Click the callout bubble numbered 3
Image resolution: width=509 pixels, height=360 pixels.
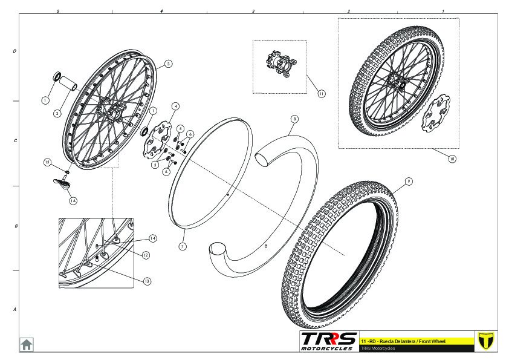168,63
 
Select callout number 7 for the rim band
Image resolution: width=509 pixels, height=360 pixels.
183,247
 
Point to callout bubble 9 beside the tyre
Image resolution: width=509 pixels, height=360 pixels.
409,181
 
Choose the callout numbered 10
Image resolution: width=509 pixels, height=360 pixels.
452,159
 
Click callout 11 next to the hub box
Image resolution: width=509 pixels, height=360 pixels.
321,93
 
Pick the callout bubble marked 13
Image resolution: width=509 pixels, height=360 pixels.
148,281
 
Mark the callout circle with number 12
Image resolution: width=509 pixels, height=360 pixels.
146,255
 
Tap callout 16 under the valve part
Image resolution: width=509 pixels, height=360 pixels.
73,201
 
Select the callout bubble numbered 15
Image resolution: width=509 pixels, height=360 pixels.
48,162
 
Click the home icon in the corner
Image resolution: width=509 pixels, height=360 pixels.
27,344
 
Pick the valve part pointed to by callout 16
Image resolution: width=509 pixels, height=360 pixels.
62,183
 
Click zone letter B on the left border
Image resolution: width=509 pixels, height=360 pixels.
15,226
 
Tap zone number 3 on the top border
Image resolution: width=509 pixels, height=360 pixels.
253,11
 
